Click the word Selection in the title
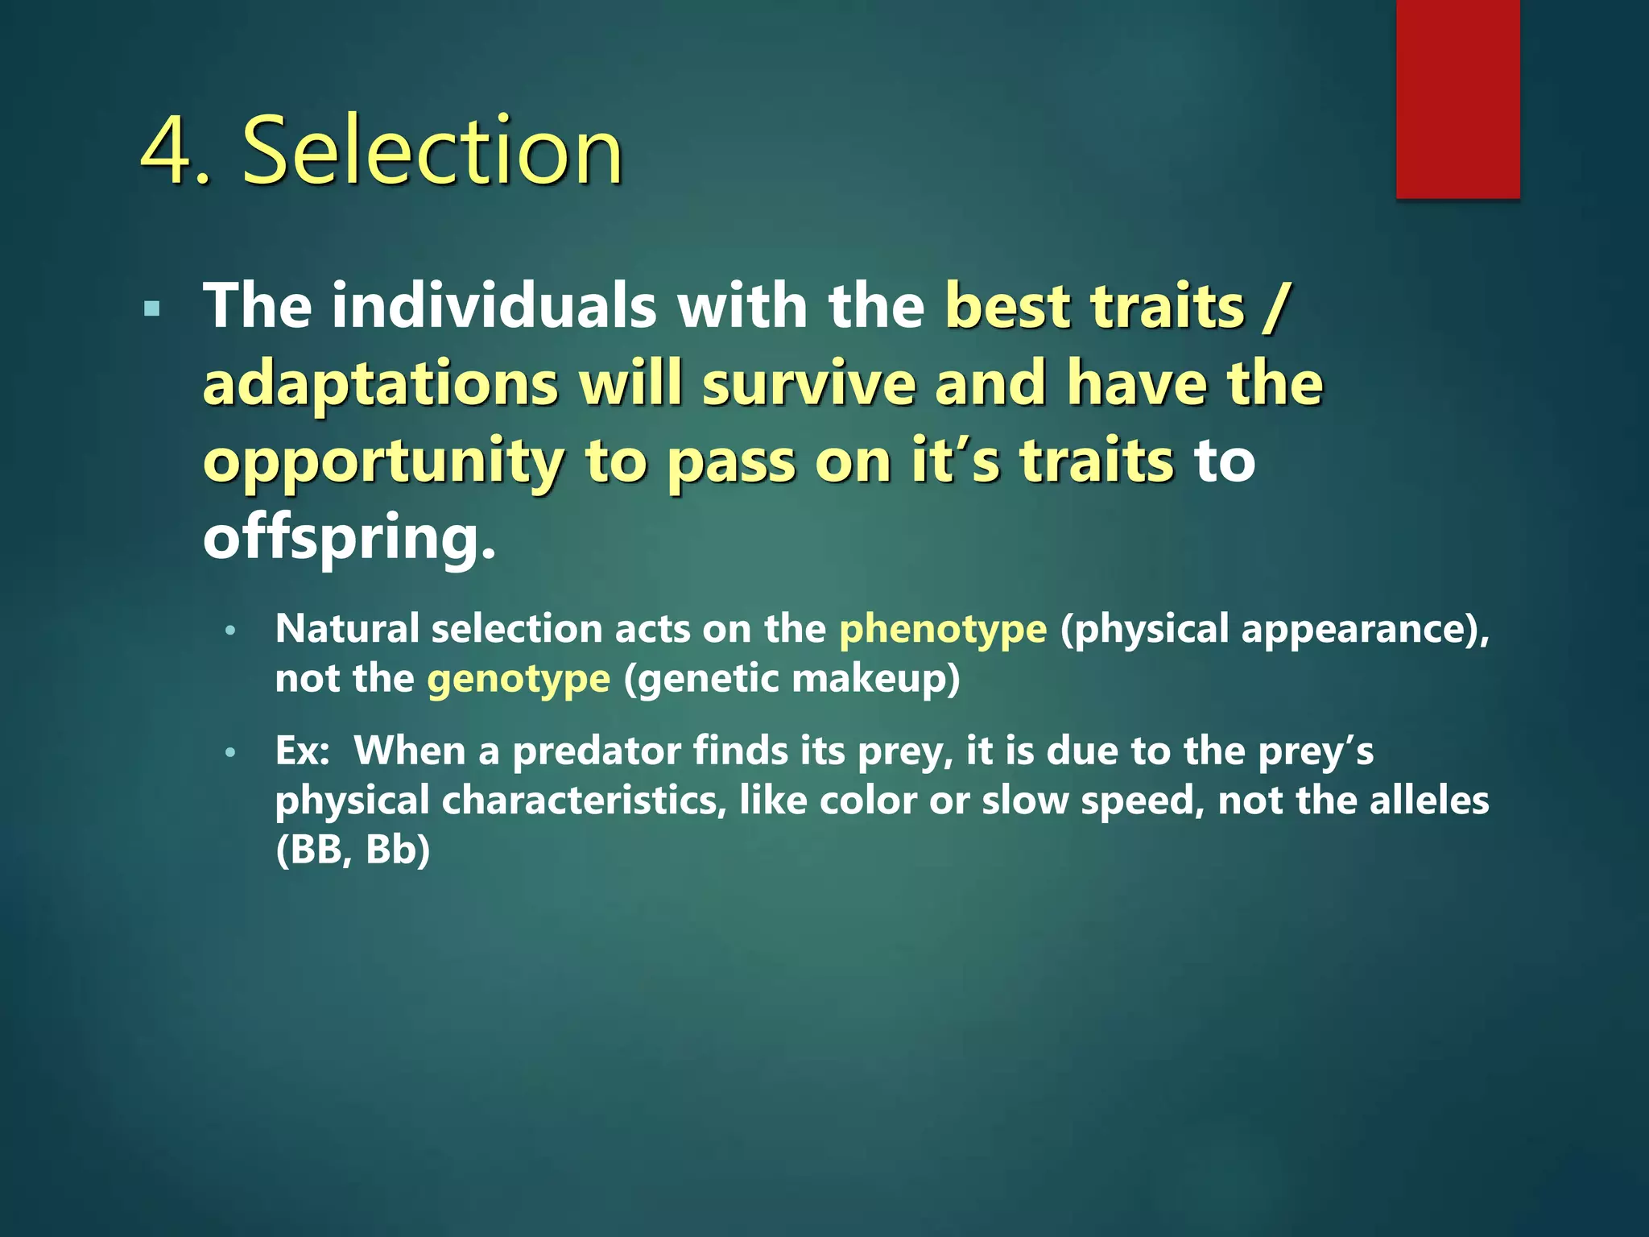tap(432, 151)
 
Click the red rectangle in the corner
tap(1457, 98)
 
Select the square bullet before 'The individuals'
tap(151, 308)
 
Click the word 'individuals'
tap(494, 306)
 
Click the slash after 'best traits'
tap(1276, 308)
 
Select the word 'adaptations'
tap(380, 383)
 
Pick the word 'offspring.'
tap(349, 538)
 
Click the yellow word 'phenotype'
tap(943, 629)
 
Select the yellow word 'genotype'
tap(519, 678)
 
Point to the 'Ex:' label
tap(302, 751)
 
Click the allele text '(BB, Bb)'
tap(353, 850)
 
